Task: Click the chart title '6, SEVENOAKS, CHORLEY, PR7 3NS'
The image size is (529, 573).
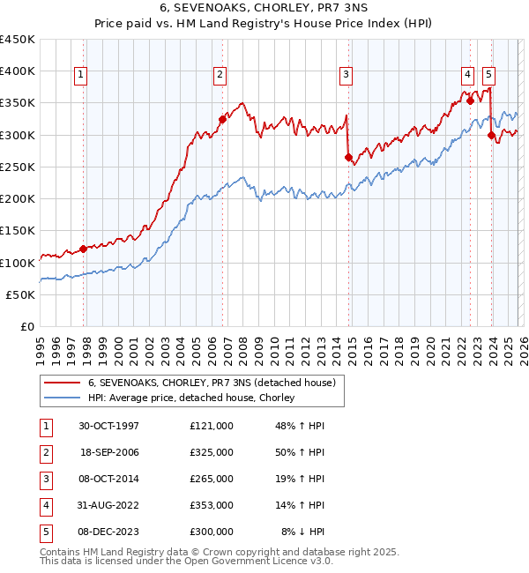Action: [x=264, y=10]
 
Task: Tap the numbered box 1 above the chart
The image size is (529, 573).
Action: [x=80, y=76]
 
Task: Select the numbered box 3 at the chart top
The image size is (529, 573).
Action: [x=346, y=76]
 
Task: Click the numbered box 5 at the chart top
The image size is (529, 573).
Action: [x=488, y=76]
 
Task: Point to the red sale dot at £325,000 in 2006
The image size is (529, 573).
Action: [x=222, y=119]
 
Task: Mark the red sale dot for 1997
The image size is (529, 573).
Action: [x=84, y=249]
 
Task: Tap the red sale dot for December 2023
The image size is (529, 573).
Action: [x=490, y=135]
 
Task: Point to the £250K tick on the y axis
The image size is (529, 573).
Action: [x=18, y=167]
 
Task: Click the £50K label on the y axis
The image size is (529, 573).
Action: [x=21, y=294]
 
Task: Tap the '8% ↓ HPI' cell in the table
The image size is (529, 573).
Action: [x=303, y=532]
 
